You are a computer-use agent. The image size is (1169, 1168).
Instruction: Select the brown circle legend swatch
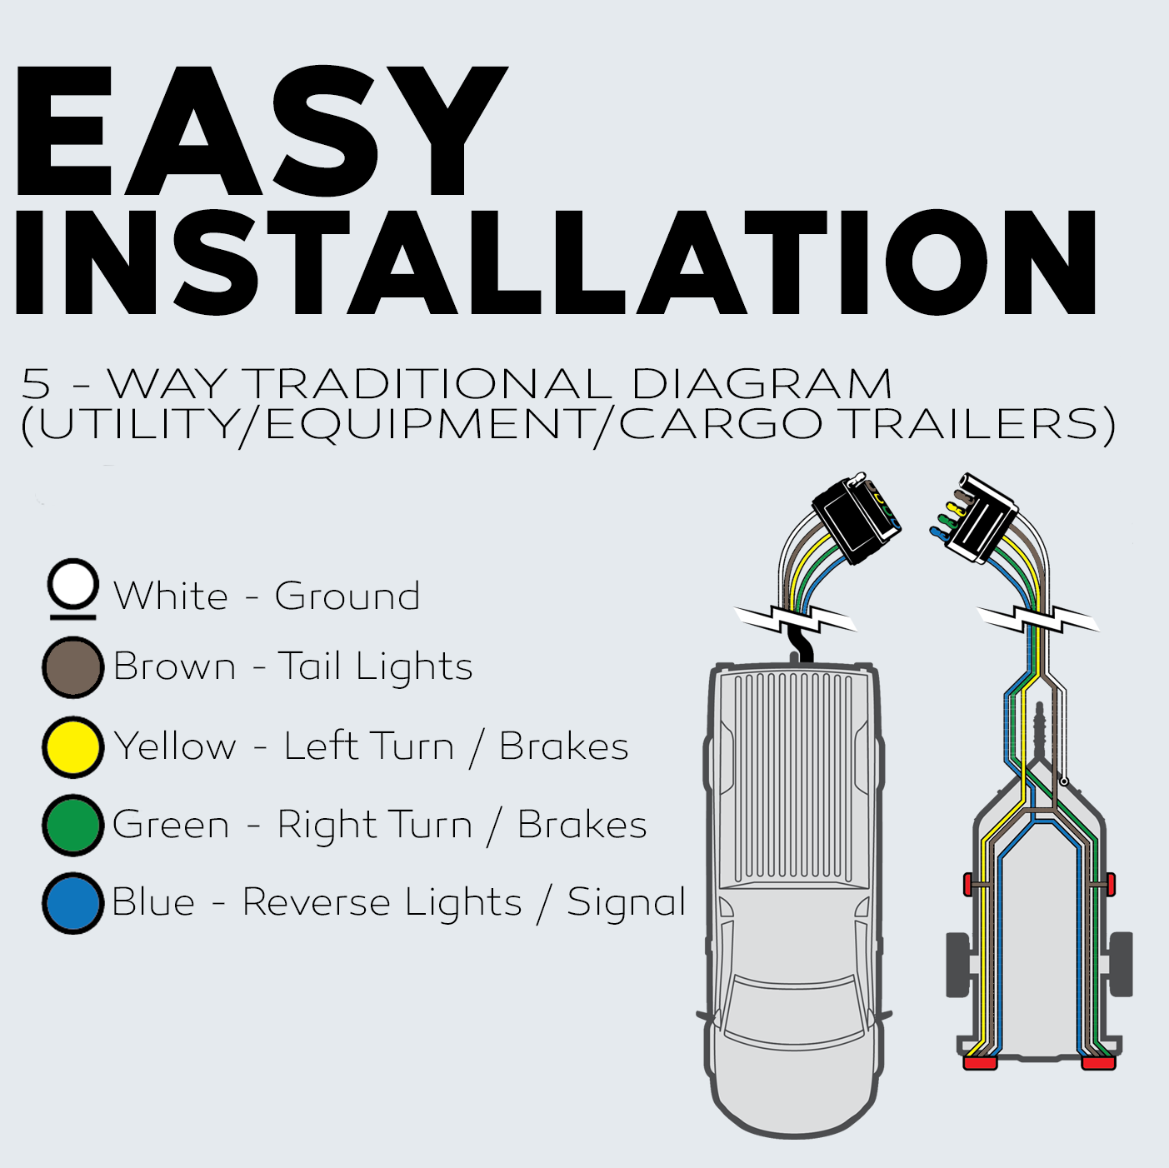coord(73,667)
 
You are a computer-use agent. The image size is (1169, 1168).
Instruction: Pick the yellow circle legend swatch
coord(73,747)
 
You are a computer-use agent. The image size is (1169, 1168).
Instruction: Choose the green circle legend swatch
coord(73,826)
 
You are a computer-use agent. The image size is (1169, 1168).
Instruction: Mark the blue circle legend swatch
coord(73,903)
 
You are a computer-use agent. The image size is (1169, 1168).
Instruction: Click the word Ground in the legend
coord(347,596)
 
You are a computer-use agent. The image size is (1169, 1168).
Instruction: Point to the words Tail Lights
coord(376,667)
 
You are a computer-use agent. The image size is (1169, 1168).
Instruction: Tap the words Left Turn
coord(368,746)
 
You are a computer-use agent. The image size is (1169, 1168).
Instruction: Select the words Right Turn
coord(375,826)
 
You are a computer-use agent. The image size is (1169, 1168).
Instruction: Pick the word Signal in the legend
coord(627,903)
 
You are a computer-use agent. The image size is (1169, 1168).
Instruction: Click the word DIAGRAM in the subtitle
coord(762,384)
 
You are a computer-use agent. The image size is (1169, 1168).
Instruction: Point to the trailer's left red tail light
coord(980,1063)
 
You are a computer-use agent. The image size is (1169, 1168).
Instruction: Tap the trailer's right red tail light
coord(1098,1063)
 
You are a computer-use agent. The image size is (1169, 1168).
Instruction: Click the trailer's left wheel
coord(959,965)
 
